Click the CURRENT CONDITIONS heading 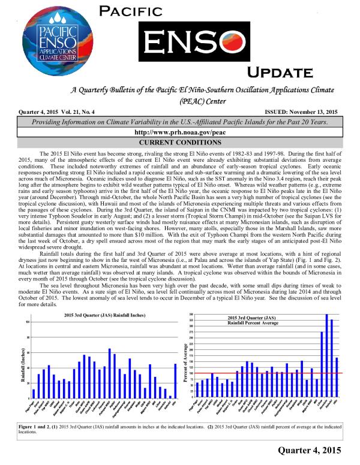point(179,142)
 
